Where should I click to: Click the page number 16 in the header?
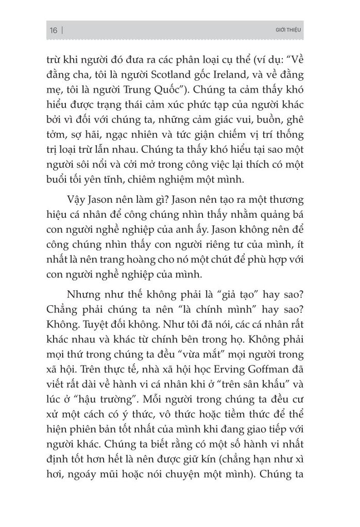[x=53, y=30]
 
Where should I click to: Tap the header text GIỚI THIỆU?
[x=289, y=30]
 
